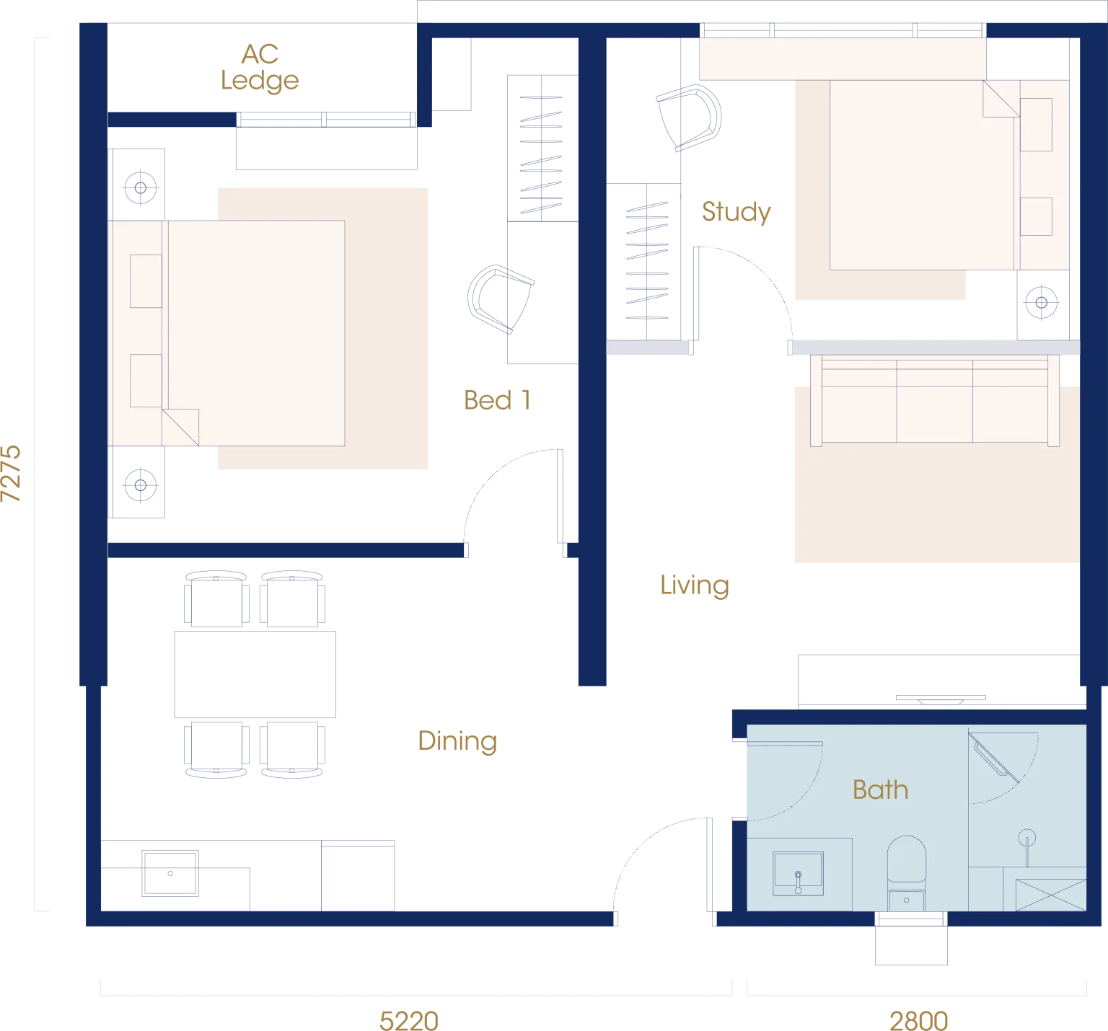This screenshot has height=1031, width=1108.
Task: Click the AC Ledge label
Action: click(x=260, y=68)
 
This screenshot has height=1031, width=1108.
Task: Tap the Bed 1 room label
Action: click(x=497, y=400)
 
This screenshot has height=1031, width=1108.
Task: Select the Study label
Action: click(x=737, y=212)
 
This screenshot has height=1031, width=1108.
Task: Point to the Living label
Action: click(x=695, y=585)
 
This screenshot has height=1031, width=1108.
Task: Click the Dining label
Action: click(x=457, y=741)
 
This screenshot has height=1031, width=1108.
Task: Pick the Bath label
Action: click(x=880, y=789)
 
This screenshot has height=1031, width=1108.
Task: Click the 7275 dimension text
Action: click(x=12, y=474)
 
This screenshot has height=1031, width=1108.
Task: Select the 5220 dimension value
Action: click(x=409, y=1021)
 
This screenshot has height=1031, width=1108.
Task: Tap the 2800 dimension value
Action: click(x=918, y=1021)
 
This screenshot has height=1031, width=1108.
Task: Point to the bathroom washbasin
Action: click(x=798, y=874)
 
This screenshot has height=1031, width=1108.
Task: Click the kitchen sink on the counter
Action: click(x=170, y=873)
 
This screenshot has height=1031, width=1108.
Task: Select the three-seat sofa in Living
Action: click(x=935, y=400)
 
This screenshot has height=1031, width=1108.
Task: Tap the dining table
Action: click(x=255, y=674)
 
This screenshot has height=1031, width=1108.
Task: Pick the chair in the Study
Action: click(x=689, y=118)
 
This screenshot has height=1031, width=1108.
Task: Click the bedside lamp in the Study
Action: click(x=1041, y=303)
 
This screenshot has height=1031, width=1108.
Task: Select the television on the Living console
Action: click(x=941, y=699)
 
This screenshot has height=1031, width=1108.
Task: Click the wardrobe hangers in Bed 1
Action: click(x=541, y=155)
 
